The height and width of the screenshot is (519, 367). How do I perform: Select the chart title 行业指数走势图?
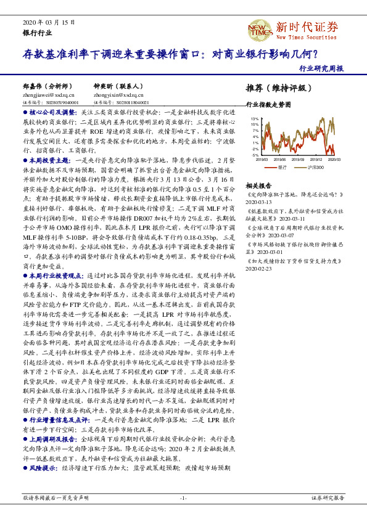[268, 105]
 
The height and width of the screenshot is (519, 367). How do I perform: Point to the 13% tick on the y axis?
[255, 118]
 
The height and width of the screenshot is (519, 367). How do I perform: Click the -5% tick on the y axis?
[255, 155]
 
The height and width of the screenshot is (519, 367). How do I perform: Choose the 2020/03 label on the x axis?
[334, 159]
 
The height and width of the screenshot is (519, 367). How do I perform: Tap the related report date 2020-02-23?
[258, 269]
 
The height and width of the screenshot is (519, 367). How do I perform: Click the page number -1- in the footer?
[183, 497]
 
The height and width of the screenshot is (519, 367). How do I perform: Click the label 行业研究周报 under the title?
[321, 69]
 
